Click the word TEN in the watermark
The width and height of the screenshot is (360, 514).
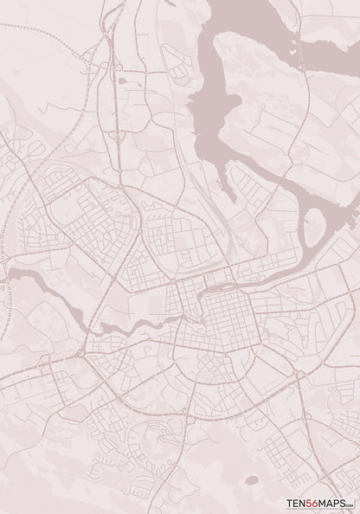(x=295, y=502)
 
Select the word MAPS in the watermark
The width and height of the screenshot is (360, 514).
(x=333, y=502)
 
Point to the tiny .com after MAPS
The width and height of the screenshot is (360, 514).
(x=351, y=504)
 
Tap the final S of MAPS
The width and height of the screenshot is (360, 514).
(x=344, y=502)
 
